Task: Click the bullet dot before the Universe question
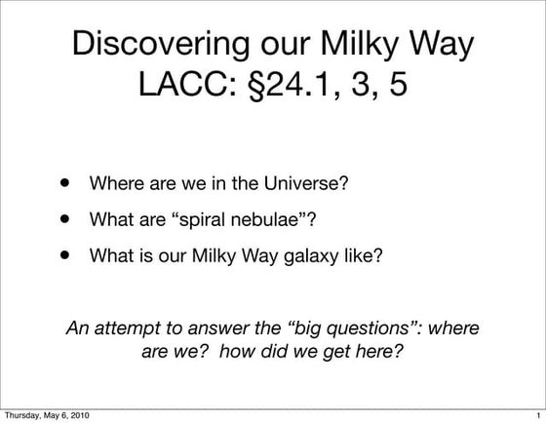[66, 182]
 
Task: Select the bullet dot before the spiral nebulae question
[66, 219]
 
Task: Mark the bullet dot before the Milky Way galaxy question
[66, 256]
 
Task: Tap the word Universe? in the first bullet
[309, 183]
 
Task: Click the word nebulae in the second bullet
[293, 220]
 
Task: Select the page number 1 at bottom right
[537, 415]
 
